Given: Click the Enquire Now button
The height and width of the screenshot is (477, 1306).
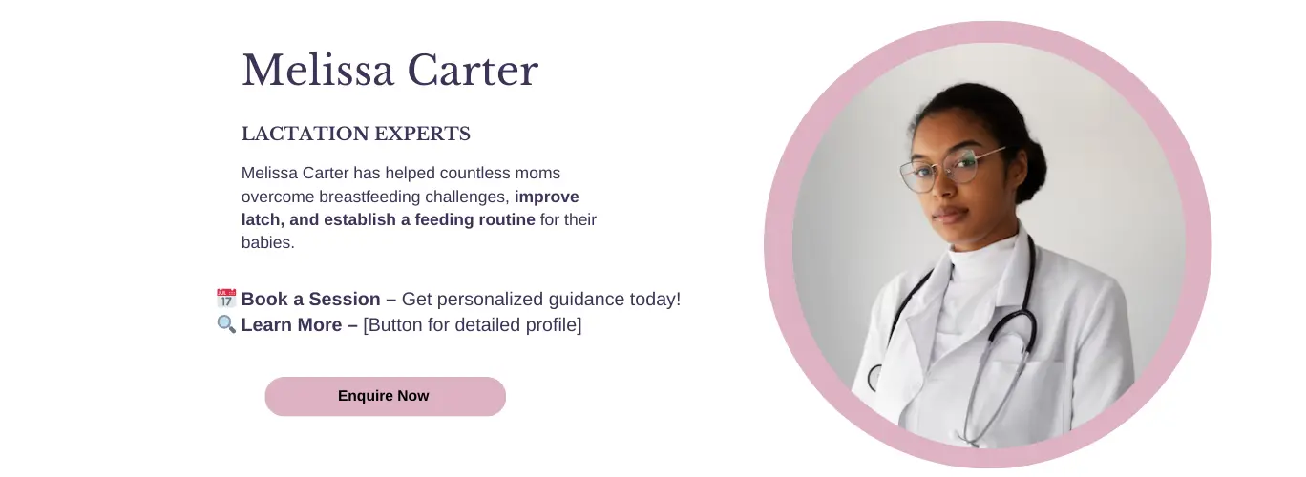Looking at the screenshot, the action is click(x=386, y=396).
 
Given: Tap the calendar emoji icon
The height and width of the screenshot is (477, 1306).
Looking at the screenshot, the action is click(x=226, y=299).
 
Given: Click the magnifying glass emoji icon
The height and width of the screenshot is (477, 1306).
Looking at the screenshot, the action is click(x=226, y=324).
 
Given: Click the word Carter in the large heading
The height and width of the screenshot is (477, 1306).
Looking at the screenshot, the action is click(x=473, y=71).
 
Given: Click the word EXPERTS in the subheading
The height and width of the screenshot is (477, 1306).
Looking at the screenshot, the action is click(x=422, y=134).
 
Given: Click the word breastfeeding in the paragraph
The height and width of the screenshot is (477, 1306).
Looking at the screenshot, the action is click(x=369, y=197).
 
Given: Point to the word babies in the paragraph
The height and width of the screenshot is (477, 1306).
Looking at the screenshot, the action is click(x=265, y=242).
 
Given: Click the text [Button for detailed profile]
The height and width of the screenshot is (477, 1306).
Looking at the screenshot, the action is click(x=473, y=325).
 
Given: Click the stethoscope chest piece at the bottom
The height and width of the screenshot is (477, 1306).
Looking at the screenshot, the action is click(x=874, y=378).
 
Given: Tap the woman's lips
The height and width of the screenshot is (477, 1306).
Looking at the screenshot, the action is click(x=949, y=215).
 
